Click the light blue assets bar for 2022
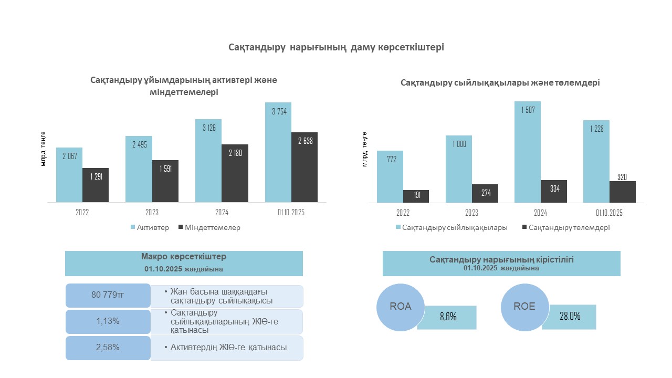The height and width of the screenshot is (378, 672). [69, 175]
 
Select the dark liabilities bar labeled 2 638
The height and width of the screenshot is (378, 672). [304, 167]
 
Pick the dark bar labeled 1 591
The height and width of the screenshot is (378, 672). [165, 181]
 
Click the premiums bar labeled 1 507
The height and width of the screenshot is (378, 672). [528, 152]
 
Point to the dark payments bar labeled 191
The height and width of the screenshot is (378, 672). [416, 196]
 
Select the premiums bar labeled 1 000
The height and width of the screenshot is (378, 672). [459, 169]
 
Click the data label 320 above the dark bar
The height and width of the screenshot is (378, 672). [622, 177]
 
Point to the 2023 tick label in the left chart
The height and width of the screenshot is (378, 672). [152, 213]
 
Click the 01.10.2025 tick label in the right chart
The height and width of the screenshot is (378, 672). [609, 213]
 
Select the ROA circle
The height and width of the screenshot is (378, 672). [400, 307]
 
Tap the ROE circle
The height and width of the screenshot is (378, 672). [524, 307]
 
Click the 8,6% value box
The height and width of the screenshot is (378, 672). [447, 317]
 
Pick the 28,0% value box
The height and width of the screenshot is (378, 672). [569, 317]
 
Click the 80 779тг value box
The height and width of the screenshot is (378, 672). [108, 296]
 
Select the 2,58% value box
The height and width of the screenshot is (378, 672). [108, 348]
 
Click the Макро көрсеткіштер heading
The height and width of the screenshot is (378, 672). [184, 257]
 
